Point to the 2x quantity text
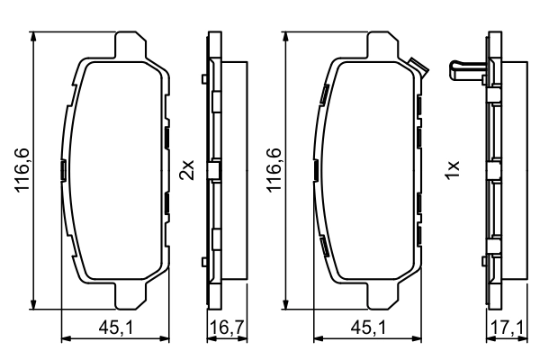pyautogui.click(x=187, y=168)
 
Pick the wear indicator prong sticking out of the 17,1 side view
pyautogui.click(x=463, y=66)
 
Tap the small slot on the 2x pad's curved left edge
pyautogui.click(x=61, y=169)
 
